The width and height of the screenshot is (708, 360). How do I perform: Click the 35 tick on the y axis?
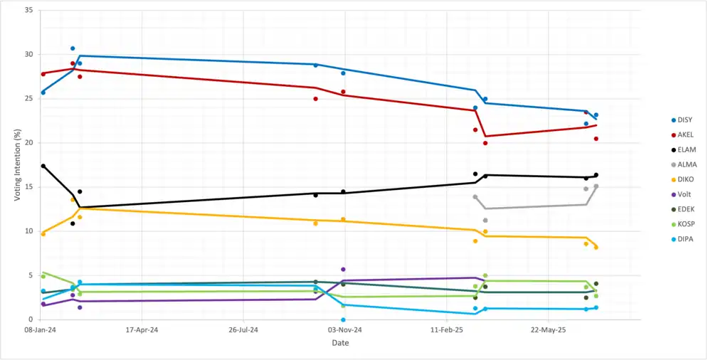tap(29, 11)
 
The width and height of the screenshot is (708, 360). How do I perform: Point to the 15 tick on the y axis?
tap(29, 187)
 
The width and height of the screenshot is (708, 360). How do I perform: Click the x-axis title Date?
tap(340, 344)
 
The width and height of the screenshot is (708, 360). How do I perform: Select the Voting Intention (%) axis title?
tap(17, 165)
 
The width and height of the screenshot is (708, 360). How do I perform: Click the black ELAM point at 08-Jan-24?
tap(43, 166)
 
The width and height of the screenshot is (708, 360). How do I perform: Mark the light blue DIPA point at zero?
tap(343, 319)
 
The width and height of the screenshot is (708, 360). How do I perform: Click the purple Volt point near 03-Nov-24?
tap(343, 270)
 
